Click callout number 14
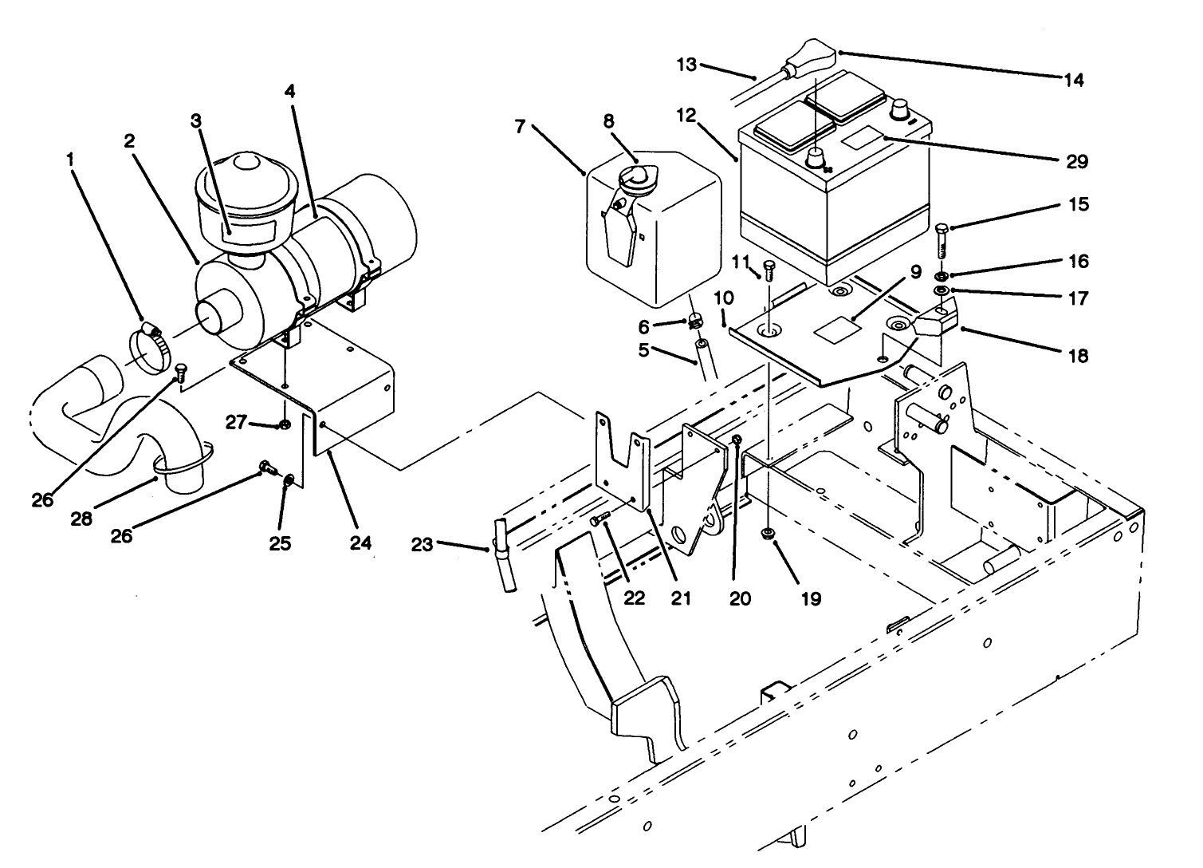click(1074, 79)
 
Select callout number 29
click(1076, 161)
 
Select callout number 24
click(360, 543)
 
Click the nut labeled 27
click(285, 423)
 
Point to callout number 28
click(81, 519)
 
